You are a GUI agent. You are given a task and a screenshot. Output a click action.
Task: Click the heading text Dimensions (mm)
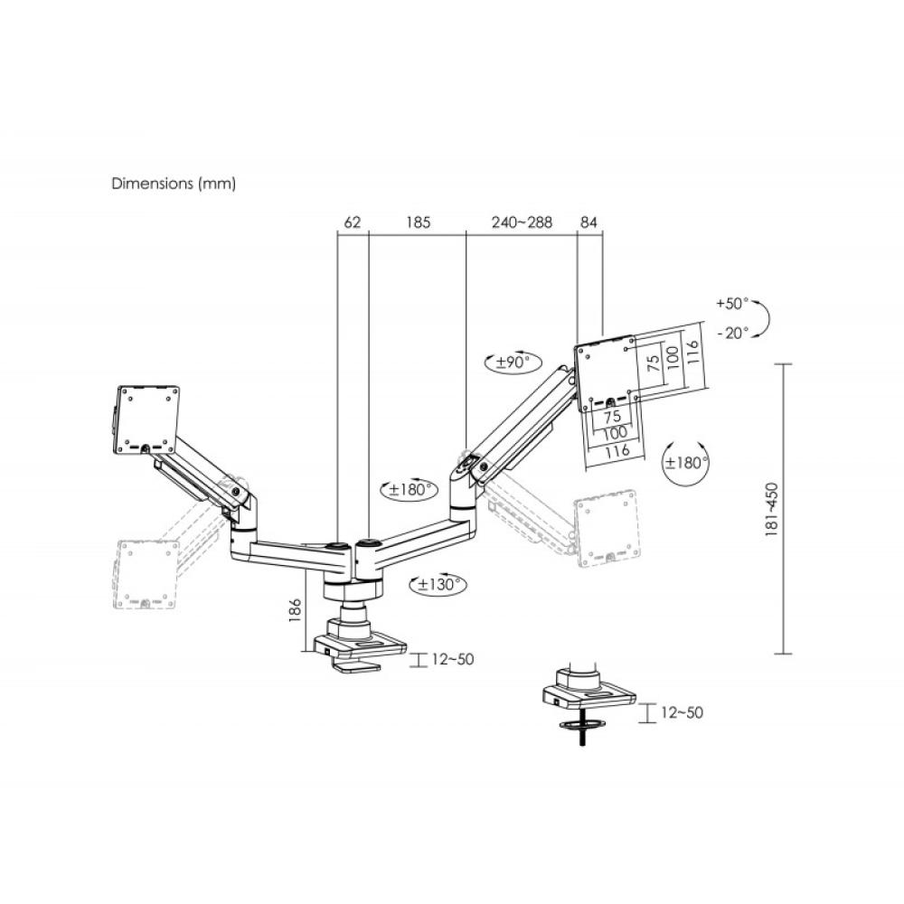click(173, 184)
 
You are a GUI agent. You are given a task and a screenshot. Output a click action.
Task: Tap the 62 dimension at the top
click(353, 221)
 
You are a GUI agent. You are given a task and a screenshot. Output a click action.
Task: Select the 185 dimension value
click(418, 221)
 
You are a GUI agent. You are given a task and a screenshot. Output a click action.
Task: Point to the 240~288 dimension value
click(522, 221)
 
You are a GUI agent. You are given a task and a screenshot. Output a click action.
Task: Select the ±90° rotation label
click(513, 363)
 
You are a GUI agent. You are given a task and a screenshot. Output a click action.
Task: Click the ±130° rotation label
click(438, 585)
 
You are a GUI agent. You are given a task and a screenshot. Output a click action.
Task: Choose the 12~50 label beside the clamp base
click(452, 659)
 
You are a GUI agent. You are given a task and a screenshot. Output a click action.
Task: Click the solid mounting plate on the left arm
click(147, 419)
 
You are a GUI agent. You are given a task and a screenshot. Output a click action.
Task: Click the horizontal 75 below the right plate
click(611, 418)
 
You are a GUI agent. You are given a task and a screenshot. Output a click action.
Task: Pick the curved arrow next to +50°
click(761, 318)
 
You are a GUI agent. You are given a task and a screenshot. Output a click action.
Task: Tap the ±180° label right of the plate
click(686, 462)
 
